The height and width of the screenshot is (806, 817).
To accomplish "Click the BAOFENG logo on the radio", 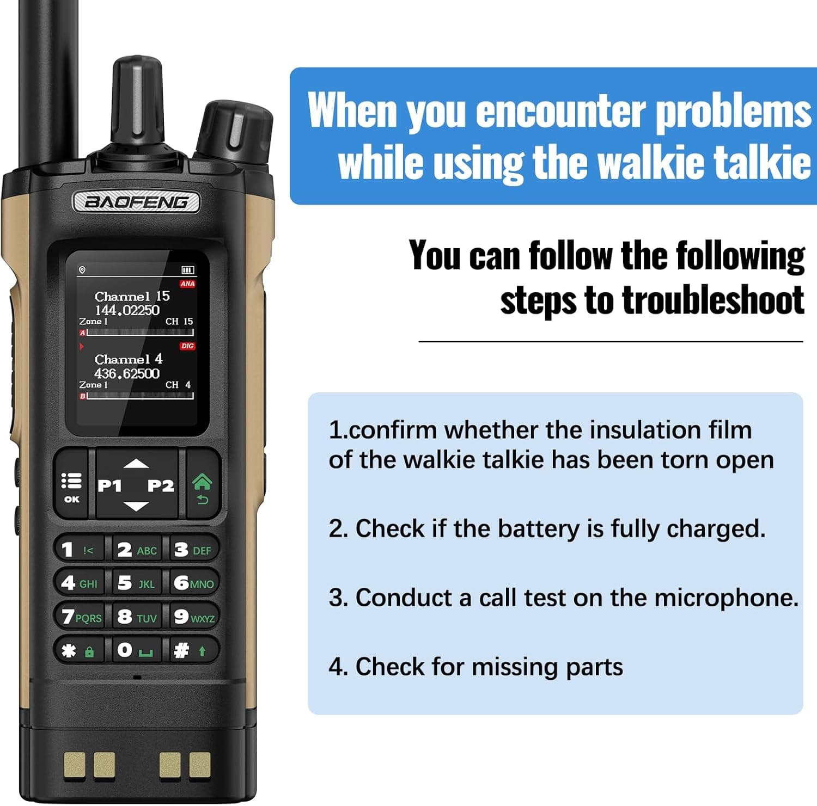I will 136,202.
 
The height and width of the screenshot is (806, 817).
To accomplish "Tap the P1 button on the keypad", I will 109,485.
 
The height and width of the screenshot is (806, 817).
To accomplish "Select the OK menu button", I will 71,486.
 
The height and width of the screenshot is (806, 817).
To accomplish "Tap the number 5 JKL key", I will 136,583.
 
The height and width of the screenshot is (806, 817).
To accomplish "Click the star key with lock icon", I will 78,650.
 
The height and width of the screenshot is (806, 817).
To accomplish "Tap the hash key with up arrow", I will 191,650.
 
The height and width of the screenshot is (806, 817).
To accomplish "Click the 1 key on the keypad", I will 78,550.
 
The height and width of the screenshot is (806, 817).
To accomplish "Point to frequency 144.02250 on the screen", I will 127,310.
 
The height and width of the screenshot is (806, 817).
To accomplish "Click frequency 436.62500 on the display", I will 127,373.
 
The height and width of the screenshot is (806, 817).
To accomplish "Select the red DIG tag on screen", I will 187,346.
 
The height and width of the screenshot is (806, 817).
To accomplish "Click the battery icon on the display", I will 188,270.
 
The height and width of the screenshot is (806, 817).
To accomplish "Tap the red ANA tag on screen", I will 187,284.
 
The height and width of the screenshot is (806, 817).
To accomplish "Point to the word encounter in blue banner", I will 561,112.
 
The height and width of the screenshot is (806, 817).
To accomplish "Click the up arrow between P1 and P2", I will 136,464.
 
